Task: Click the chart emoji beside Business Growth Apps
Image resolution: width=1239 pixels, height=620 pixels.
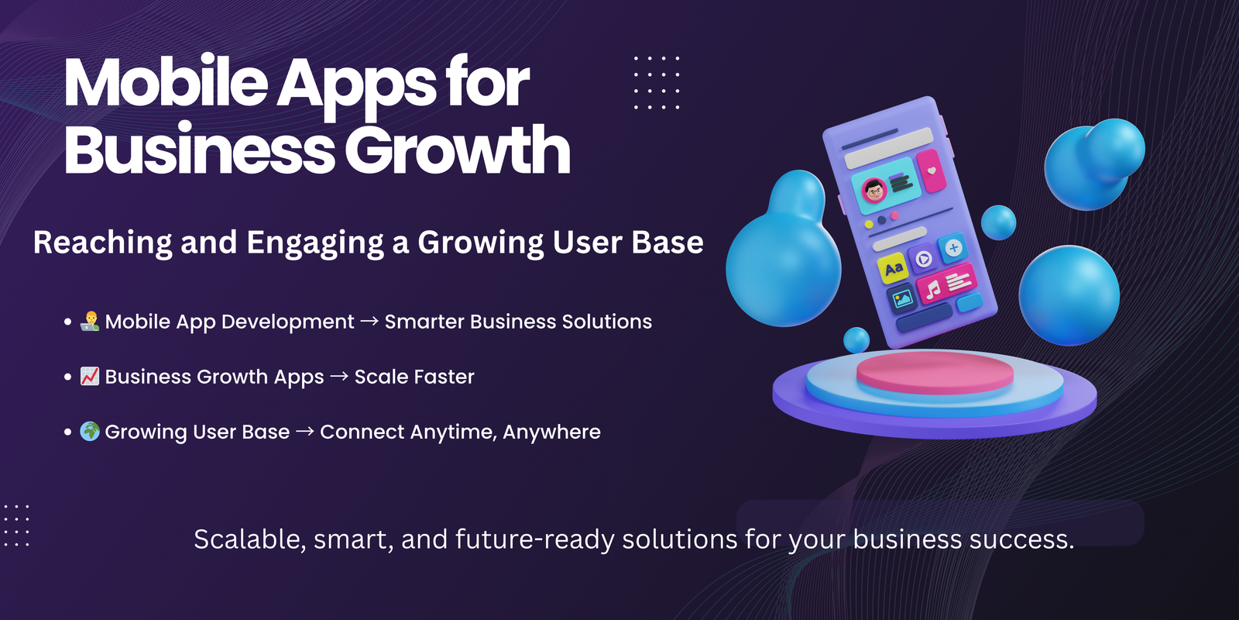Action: (x=90, y=377)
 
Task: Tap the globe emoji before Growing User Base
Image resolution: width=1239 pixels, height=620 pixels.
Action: (x=90, y=431)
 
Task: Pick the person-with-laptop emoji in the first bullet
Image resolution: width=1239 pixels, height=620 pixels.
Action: (x=90, y=321)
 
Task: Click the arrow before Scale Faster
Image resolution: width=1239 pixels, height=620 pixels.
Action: (x=339, y=377)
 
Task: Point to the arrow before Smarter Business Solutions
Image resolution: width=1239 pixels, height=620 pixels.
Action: (x=369, y=321)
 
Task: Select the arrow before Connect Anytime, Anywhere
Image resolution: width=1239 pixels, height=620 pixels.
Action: (x=305, y=431)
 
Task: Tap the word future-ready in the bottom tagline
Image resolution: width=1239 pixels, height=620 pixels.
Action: (x=535, y=539)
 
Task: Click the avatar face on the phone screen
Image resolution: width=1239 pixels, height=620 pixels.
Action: (x=874, y=191)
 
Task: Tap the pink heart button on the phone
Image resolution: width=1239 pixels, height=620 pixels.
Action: (x=932, y=171)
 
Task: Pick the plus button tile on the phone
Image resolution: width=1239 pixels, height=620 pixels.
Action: (x=953, y=248)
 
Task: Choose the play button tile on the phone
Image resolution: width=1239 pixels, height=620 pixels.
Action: (x=922, y=259)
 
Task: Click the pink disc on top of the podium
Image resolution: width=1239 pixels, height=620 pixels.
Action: (x=935, y=371)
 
